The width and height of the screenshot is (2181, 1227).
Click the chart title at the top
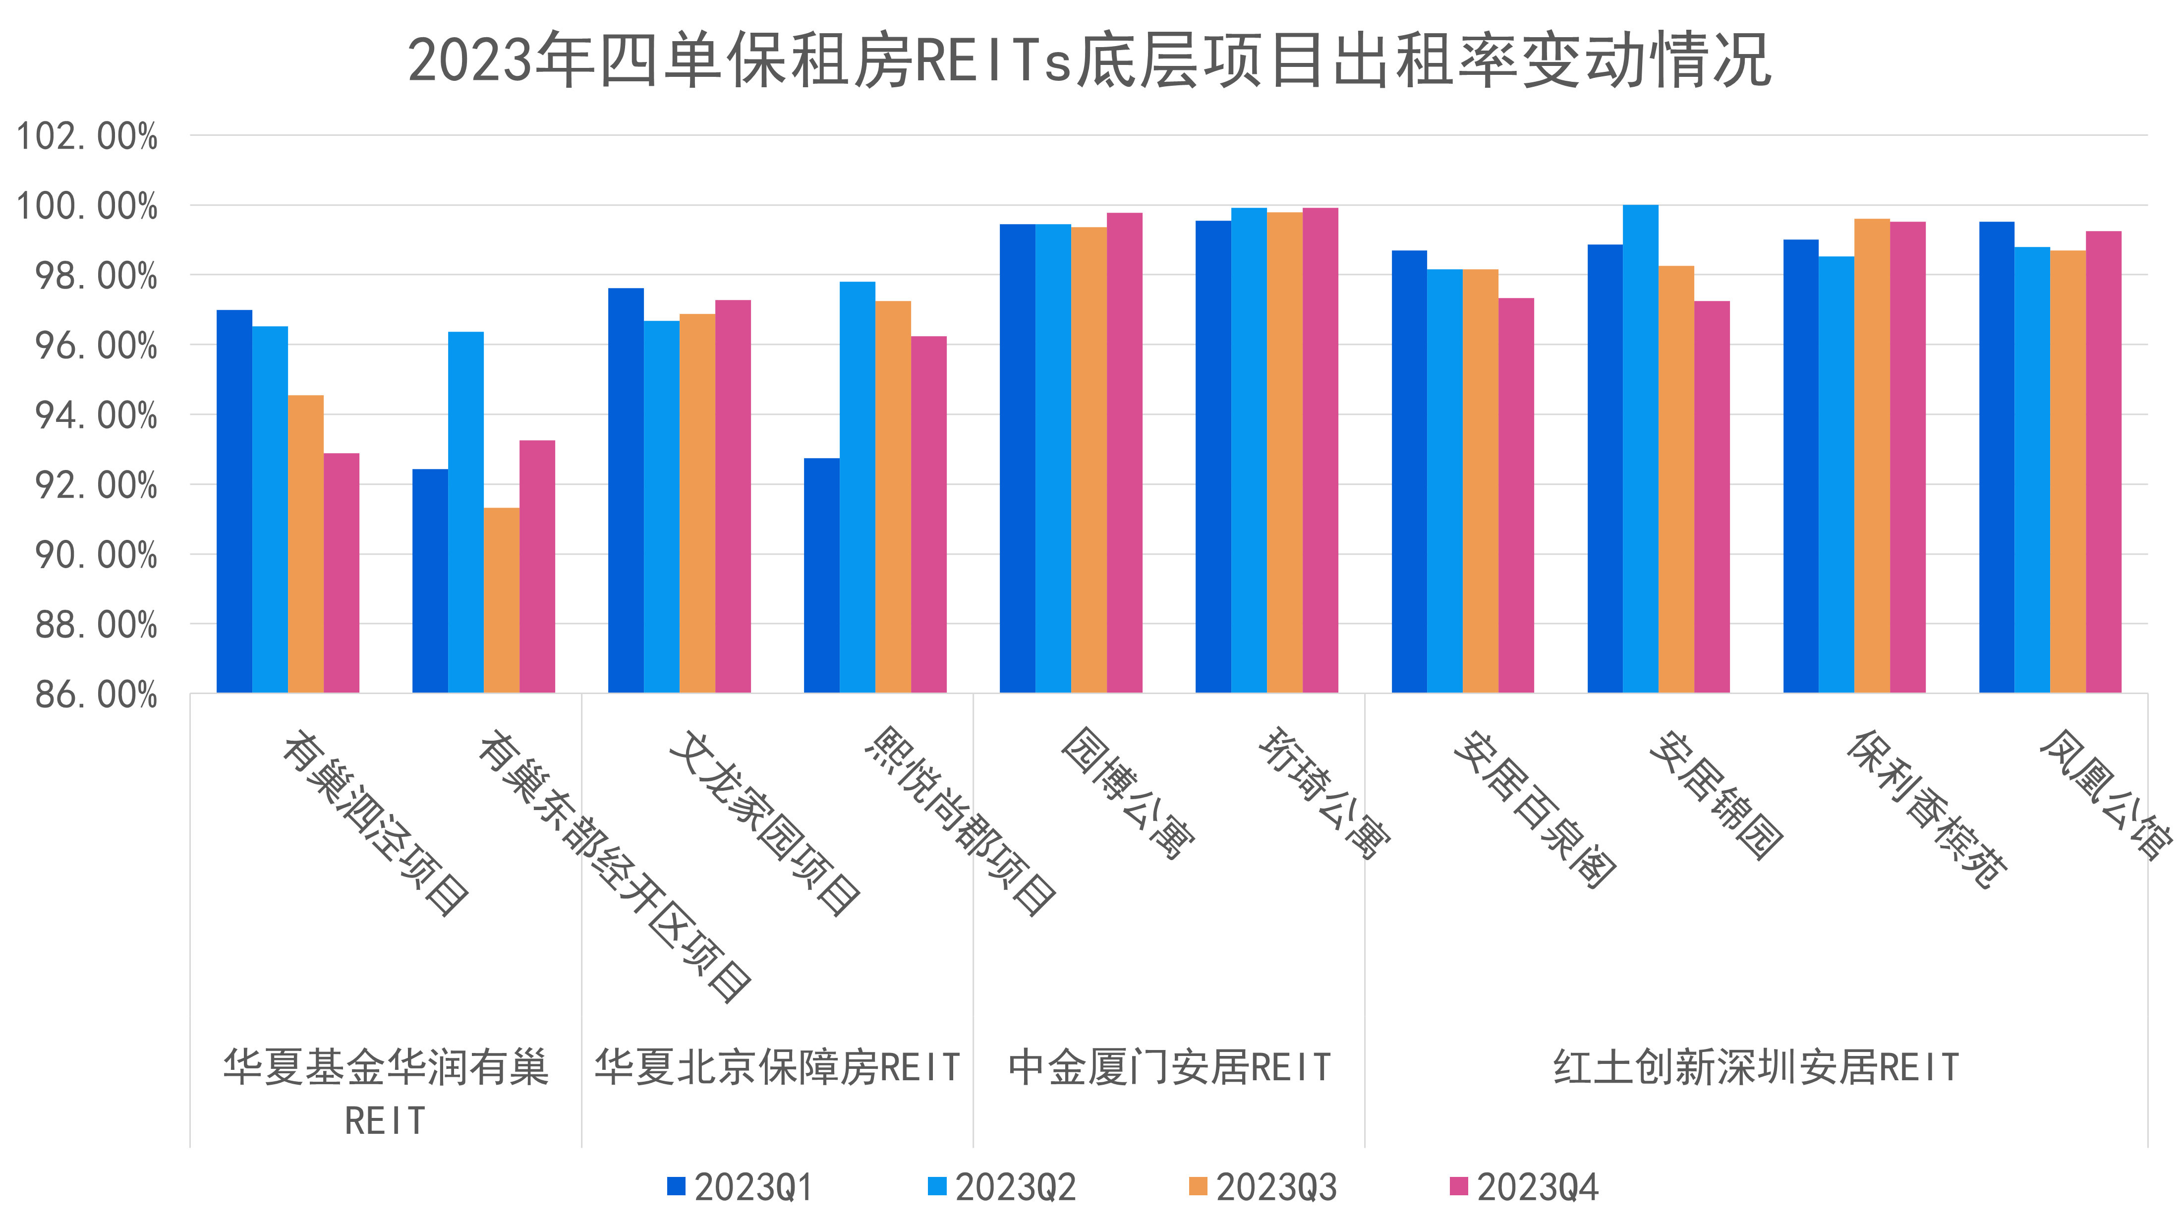tap(1090, 61)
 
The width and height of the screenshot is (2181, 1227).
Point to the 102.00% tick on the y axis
tap(87, 136)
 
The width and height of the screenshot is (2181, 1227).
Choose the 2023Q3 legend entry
tap(1263, 1187)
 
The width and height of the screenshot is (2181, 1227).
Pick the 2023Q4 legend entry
tap(1524, 1187)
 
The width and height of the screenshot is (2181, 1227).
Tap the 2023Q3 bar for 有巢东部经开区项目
tap(501, 599)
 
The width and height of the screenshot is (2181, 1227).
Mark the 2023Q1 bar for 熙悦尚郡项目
tap(821, 576)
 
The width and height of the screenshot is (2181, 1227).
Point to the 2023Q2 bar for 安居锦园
tap(1641, 449)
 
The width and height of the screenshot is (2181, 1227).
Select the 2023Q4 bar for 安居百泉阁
tap(1516, 495)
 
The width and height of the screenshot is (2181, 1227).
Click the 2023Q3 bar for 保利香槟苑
tap(1872, 456)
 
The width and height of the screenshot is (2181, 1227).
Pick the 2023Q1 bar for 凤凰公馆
tap(1997, 457)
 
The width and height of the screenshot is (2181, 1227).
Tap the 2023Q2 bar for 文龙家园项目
tap(661, 506)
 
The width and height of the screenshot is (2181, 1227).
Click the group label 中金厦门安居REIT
tap(1169, 1067)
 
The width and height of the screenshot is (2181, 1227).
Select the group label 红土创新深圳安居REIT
tap(1756, 1067)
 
